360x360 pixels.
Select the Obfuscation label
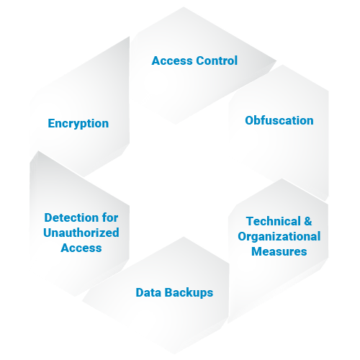(279, 120)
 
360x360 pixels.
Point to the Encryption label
(78, 124)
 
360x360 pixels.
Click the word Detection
(71, 217)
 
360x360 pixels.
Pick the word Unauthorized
(81, 233)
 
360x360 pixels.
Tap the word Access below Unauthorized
(81, 248)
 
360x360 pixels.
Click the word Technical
(274, 221)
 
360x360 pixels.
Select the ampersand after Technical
(308, 221)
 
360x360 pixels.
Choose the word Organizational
(279, 236)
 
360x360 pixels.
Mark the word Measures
(279, 251)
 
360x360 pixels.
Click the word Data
(148, 292)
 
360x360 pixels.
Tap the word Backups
(189, 293)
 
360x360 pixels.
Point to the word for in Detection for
(110, 217)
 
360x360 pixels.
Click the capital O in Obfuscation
(249, 120)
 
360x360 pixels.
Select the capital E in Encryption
(51, 123)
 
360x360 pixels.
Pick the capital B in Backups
(168, 292)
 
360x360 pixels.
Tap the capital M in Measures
(256, 251)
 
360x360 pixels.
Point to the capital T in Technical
(251, 221)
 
